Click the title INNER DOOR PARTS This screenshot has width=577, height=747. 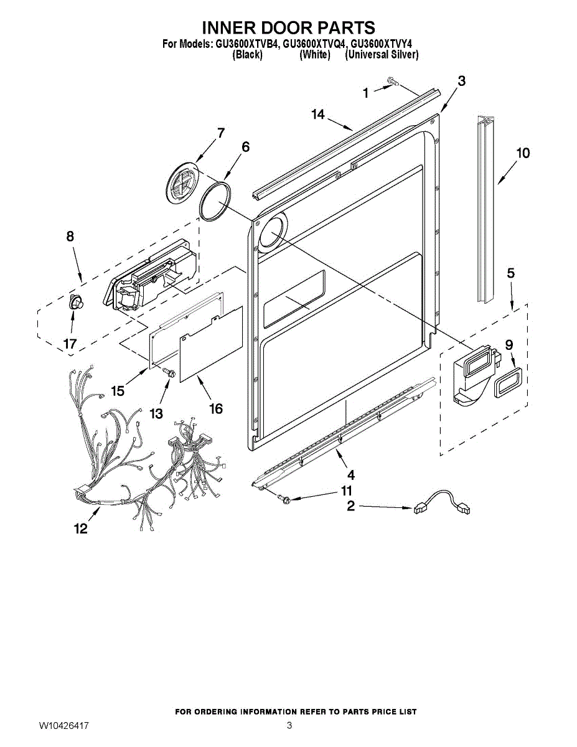point(288,27)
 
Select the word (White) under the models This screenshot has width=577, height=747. point(314,55)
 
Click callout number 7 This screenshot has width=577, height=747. point(220,133)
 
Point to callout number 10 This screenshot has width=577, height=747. point(523,153)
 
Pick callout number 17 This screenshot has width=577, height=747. point(70,343)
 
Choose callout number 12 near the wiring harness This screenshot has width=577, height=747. point(81,529)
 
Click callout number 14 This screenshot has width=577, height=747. point(318,114)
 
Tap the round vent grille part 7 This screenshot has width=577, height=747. point(181,184)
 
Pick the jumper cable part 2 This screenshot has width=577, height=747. point(441,503)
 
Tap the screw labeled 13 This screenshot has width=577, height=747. point(169,372)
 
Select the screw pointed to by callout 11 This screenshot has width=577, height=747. point(285,497)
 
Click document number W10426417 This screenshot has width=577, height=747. point(63,726)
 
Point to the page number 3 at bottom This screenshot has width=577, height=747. point(289,726)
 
